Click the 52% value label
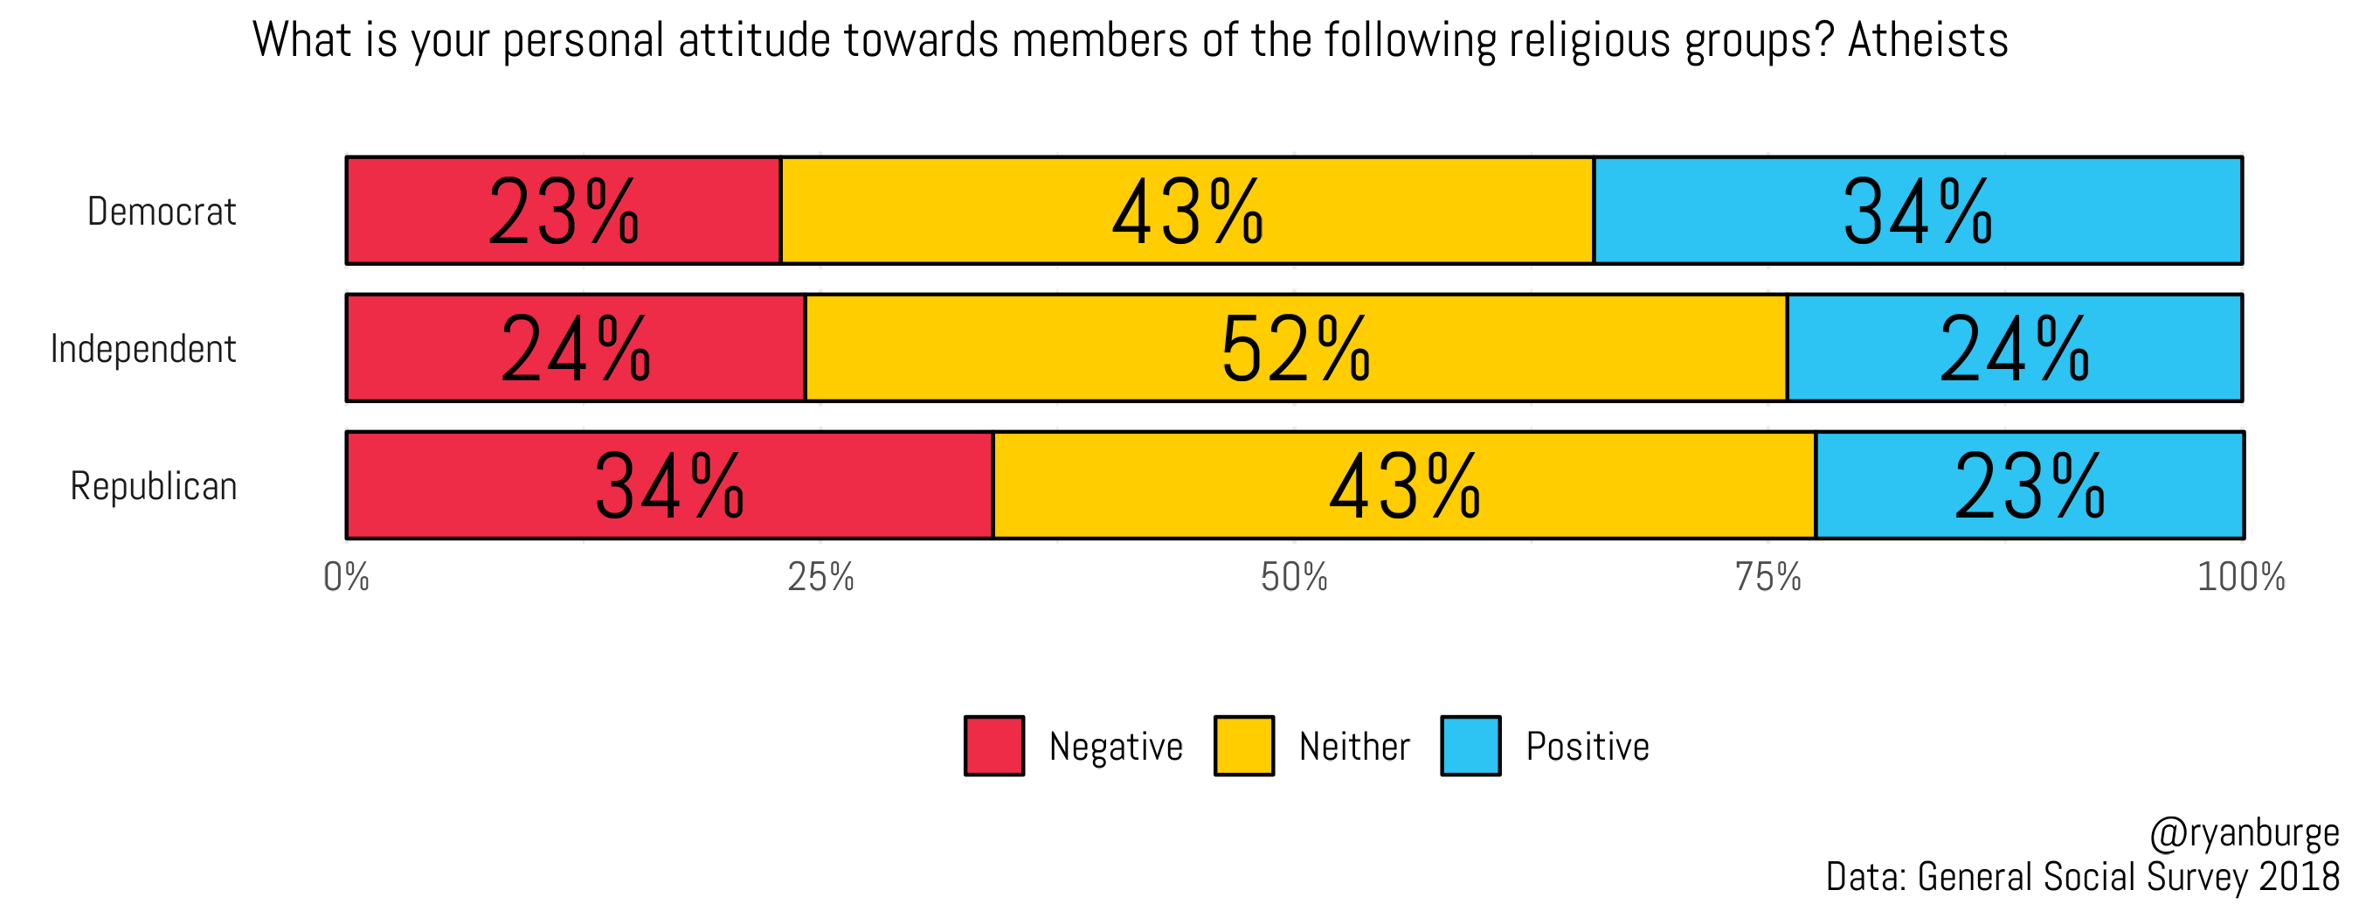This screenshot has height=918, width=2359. pyautogui.click(x=1295, y=350)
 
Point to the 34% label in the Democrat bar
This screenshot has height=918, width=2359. pyautogui.click(x=1917, y=212)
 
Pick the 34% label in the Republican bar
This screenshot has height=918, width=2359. pyautogui.click(x=668, y=487)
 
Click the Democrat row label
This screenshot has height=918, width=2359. pyautogui.click(x=163, y=212)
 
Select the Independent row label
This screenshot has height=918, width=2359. pyautogui.click(x=143, y=349)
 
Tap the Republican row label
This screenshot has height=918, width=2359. pyautogui.click(x=153, y=486)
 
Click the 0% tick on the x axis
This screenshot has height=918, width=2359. pyautogui.click(x=346, y=577)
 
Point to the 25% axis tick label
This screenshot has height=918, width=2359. pyautogui.click(x=820, y=577)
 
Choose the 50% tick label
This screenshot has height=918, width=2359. pyautogui.click(x=1294, y=577)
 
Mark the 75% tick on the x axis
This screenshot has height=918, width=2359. pyautogui.click(x=1768, y=577)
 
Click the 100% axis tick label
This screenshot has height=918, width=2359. pyautogui.click(x=2241, y=577)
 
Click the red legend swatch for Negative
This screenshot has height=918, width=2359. pyautogui.click(x=994, y=746)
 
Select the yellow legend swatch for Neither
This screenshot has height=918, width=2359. pyautogui.click(x=1243, y=746)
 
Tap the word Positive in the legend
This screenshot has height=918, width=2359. pyautogui.click(x=1587, y=747)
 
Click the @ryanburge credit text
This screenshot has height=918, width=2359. pyautogui.click(x=2244, y=834)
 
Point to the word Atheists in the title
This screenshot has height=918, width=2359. pyautogui.click(x=1927, y=40)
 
